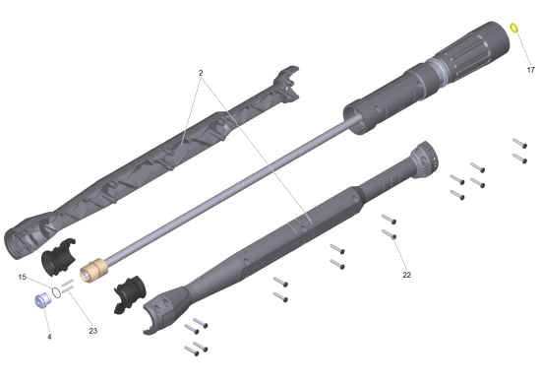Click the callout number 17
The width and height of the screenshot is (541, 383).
[x=530, y=70]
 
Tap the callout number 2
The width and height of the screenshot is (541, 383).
[x=201, y=73]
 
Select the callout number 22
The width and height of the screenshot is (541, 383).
[x=407, y=275]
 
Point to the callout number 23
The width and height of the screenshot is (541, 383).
[x=93, y=331]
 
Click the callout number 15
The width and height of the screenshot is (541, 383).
[x=22, y=277]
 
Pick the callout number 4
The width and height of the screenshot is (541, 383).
[x=49, y=337]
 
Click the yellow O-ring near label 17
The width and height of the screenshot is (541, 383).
[x=513, y=28]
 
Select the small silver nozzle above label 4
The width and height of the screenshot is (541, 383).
[x=42, y=300]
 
